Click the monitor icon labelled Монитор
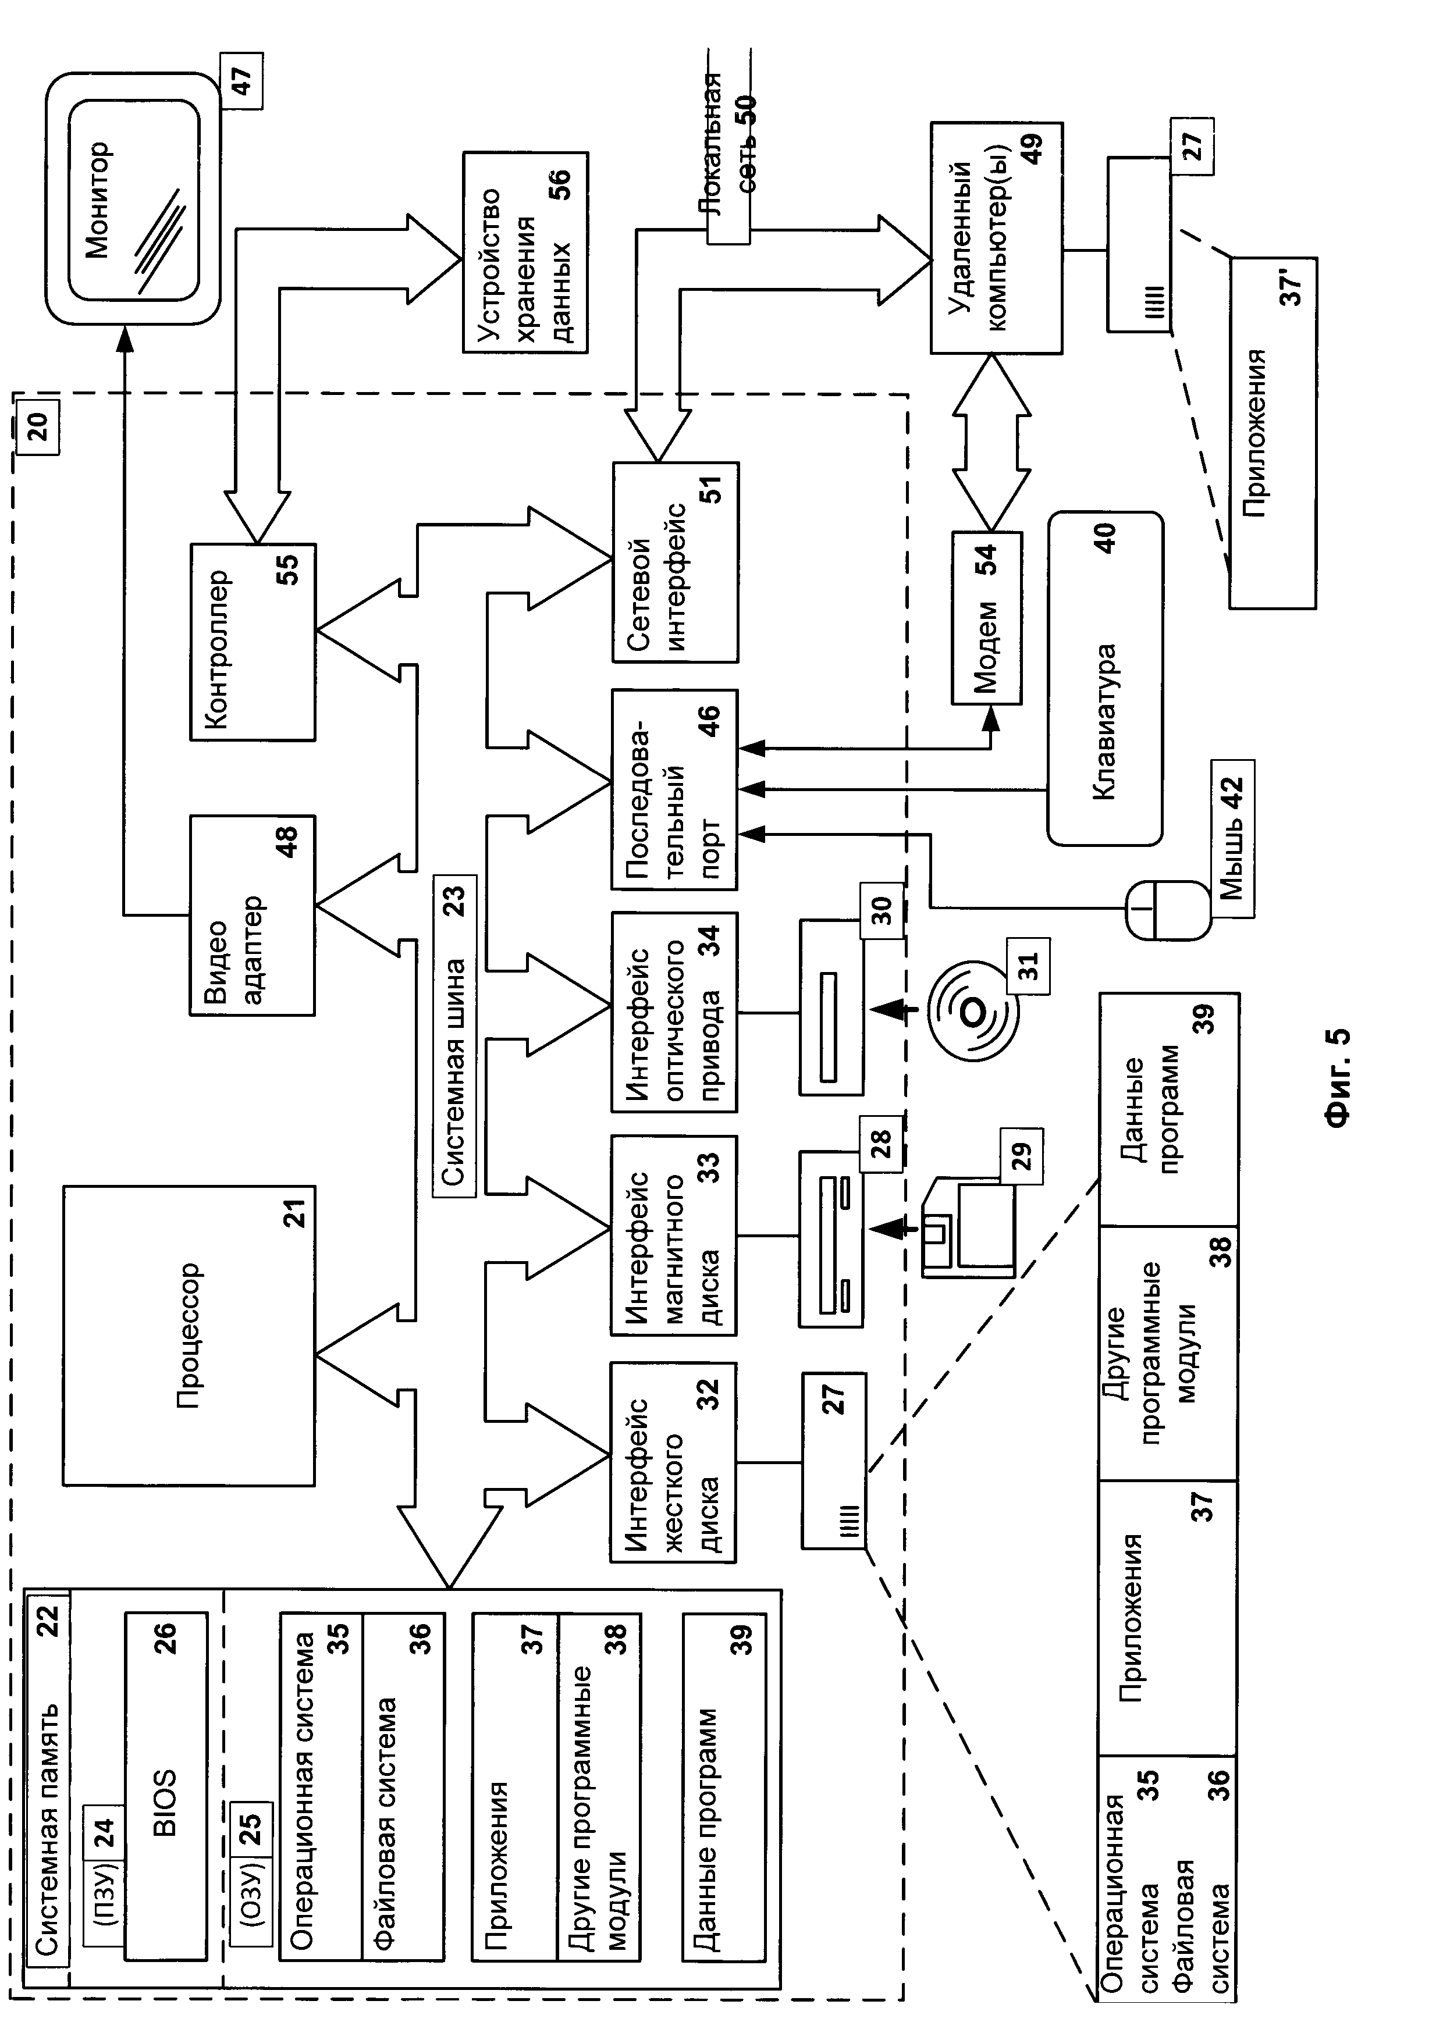(133, 199)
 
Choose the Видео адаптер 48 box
(253, 915)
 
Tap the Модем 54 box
(986, 618)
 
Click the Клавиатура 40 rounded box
(1104, 678)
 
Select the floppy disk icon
(969, 1229)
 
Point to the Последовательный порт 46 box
(674, 789)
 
